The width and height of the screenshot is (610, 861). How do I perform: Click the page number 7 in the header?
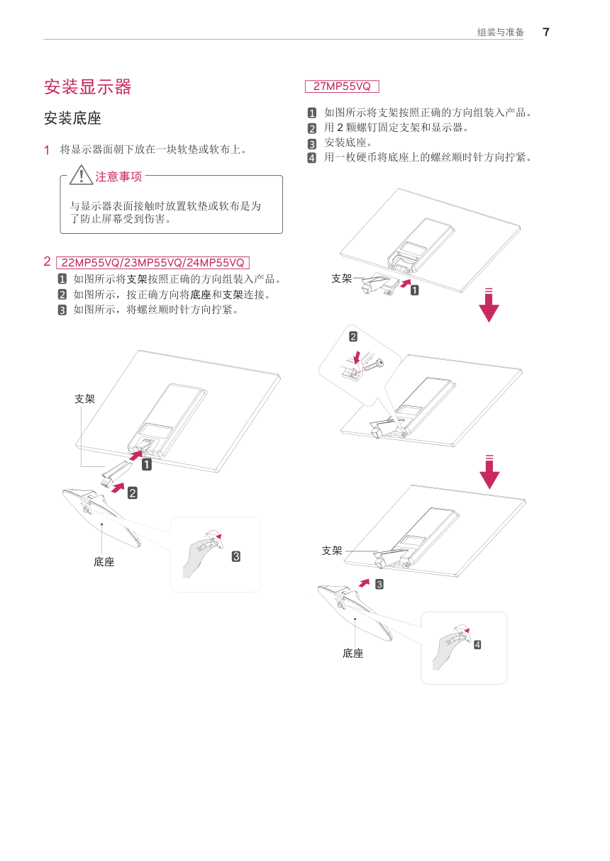545,32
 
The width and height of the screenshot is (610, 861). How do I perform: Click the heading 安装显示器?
88,87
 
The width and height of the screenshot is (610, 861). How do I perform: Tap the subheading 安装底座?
72,118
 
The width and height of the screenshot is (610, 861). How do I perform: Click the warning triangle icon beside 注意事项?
81,175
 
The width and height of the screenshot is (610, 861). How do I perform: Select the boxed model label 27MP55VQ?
342,86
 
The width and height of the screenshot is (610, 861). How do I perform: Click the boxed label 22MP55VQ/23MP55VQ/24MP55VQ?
152,263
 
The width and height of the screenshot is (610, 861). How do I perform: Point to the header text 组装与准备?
500,33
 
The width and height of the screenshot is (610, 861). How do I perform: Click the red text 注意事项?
119,177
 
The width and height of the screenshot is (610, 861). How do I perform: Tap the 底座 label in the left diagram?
104,562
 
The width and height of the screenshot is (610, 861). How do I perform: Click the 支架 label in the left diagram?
84,398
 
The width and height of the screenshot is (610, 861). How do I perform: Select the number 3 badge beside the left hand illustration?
236,556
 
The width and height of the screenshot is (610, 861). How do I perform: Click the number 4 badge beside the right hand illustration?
477,645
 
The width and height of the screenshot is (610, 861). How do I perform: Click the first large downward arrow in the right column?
489,305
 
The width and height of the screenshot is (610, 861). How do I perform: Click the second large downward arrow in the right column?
489,472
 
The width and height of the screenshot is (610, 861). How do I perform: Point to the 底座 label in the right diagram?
353,653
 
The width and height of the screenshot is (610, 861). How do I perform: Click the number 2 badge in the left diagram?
133,493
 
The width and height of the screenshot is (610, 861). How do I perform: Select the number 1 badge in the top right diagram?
415,290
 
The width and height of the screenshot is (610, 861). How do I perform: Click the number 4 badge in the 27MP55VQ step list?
312,157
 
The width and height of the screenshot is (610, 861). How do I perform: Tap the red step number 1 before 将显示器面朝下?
47,150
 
